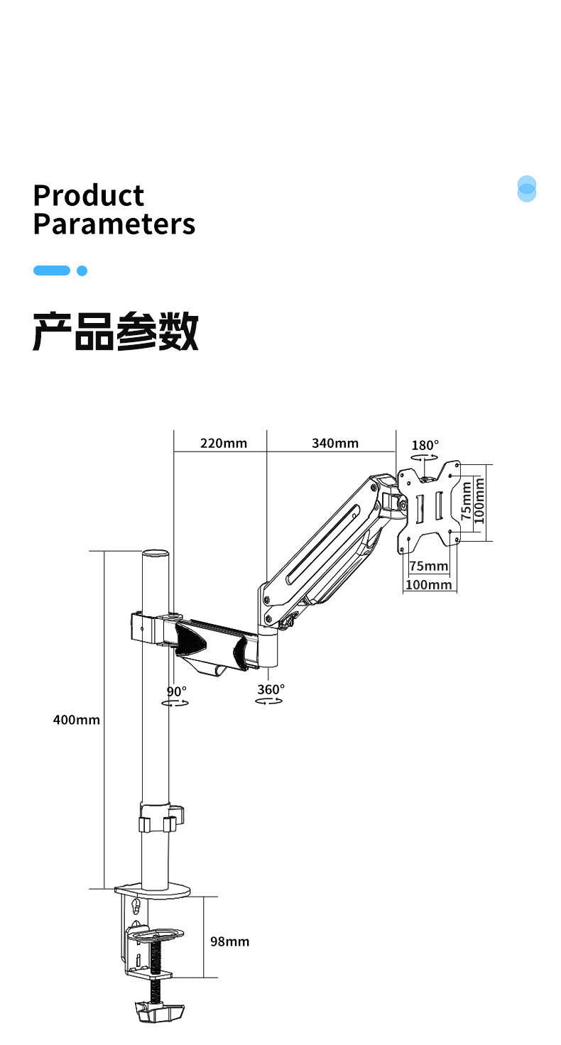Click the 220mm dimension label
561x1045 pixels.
click(x=224, y=443)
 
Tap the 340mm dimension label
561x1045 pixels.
click(x=335, y=443)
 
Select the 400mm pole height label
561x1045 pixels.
click(x=77, y=720)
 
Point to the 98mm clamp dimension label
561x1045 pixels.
click(x=229, y=941)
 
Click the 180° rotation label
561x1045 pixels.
click(x=425, y=445)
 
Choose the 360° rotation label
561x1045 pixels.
click(x=271, y=689)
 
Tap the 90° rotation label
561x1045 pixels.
click(x=177, y=691)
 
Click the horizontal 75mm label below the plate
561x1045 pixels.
click(x=429, y=566)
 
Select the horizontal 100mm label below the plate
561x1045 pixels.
click(x=429, y=584)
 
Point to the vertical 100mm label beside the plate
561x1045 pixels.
click(x=479, y=501)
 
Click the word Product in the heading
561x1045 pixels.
click(x=89, y=195)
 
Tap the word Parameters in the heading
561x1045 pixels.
click(x=114, y=224)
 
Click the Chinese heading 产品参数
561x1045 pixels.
click(x=116, y=332)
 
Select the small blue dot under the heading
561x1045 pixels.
click(x=82, y=270)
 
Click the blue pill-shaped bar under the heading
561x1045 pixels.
click(x=52, y=270)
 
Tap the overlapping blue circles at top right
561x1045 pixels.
click(x=527, y=189)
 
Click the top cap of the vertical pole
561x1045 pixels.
click(x=156, y=554)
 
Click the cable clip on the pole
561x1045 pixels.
click(x=161, y=818)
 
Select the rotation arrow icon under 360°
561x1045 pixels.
click(x=269, y=701)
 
